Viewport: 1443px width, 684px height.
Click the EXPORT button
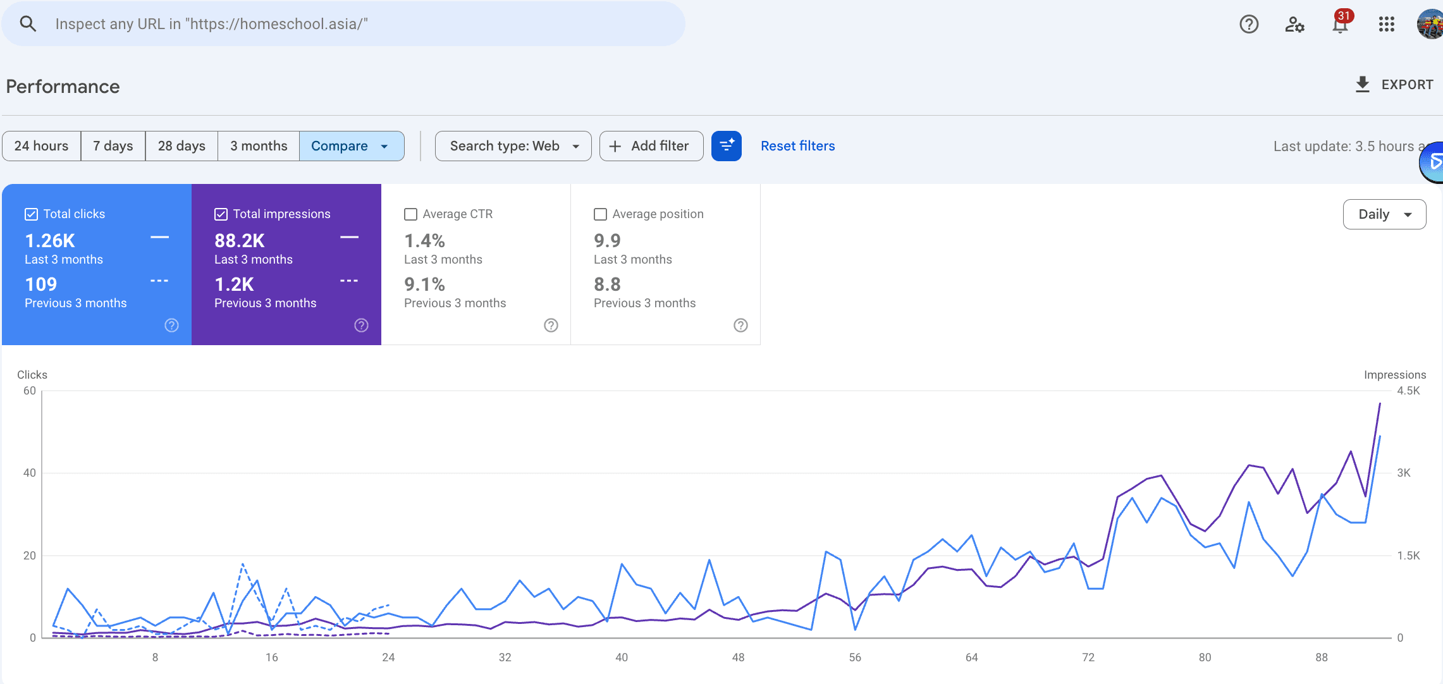click(1394, 85)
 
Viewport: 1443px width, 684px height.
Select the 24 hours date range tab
click(41, 146)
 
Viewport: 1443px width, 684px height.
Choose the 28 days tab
click(181, 146)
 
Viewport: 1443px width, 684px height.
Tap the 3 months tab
click(259, 146)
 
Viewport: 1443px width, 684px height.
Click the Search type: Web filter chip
click(513, 146)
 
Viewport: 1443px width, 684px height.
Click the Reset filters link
click(797, 146)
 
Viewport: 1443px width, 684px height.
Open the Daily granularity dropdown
click(1384, 214)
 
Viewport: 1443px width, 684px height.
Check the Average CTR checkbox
click(411, 214)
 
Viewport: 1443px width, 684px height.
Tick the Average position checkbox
click(601, 214)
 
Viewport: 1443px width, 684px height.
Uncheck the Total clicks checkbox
click(32, 214)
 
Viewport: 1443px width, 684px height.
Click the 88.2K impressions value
click(240, 241)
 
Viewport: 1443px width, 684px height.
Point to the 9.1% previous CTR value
click(425, 284)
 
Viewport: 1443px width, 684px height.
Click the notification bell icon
click(1339, 25)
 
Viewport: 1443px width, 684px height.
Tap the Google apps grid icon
click(1386, 24)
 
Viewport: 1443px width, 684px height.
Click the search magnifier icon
click(28, 24)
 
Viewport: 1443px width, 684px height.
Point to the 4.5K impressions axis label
click(1408, 391)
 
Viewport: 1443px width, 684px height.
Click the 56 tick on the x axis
click(855, 657)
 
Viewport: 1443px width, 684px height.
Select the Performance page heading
click(63, 87)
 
